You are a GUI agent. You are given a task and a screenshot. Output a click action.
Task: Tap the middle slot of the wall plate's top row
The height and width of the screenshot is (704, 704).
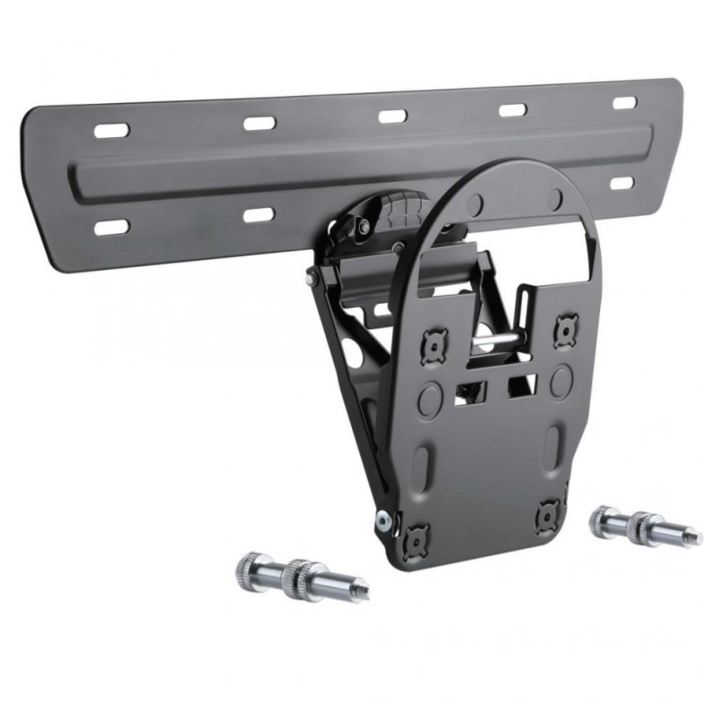(392, 115)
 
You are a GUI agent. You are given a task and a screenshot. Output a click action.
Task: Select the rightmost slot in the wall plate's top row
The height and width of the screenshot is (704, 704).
(625, 103)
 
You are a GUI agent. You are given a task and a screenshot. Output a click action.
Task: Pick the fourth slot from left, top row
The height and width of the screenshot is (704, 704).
(512, 110)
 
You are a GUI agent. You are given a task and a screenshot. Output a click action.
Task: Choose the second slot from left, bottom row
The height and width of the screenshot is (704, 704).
(260, 214)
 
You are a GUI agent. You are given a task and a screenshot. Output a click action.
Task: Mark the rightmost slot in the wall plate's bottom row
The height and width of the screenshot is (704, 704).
(622, 183)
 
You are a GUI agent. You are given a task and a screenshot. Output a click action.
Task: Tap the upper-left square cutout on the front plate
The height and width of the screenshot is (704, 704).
(435, 345)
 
